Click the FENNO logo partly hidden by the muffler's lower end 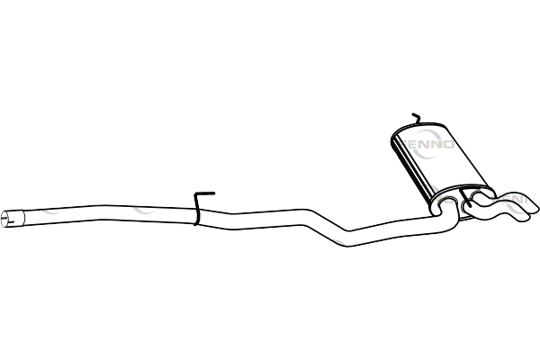pyautogui.click(x=424, y=198)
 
